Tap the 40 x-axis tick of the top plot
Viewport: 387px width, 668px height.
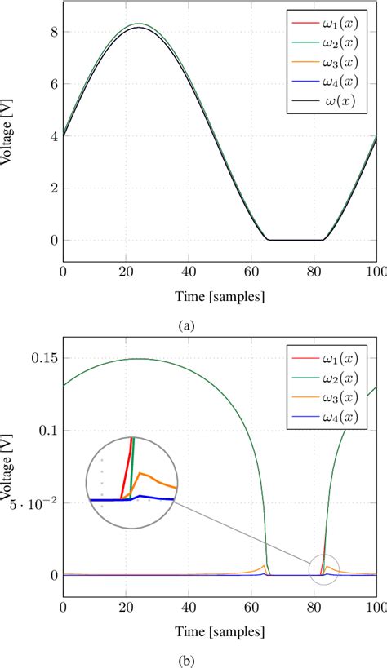pos(189,274)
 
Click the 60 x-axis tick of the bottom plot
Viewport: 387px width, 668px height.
pos(251,608)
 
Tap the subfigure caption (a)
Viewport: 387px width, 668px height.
pos(189,325)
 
